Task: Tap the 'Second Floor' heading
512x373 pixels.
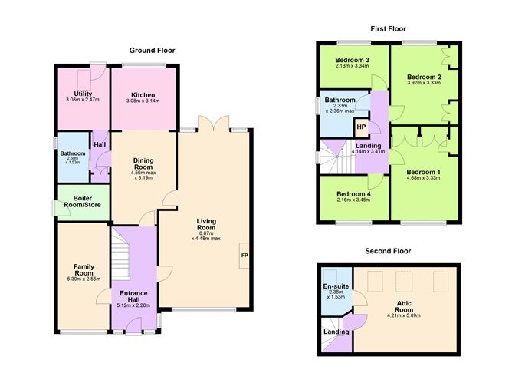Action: [388, 251]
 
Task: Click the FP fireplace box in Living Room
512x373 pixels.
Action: [245, 256]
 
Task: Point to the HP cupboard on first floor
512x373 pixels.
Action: [361, 127]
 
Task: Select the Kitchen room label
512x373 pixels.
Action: [143, 94]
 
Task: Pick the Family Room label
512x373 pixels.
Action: [84, 269]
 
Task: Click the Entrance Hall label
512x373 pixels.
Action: [133, 296]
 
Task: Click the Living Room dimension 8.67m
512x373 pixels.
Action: [205, 233]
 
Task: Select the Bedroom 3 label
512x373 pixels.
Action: [353, 60]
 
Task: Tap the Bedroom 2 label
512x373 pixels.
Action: [423, 78]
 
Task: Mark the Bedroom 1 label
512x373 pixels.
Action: [423, 172]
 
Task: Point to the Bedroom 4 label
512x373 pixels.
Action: [353, 193]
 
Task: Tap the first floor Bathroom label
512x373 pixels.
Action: [340, 100]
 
